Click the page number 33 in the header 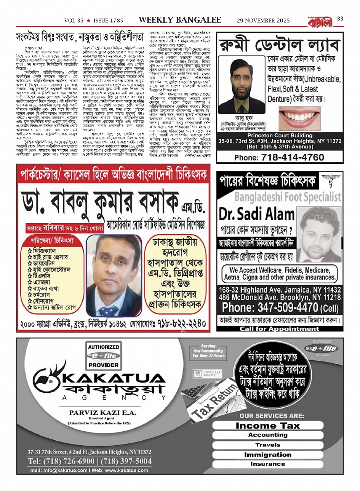(340, 19)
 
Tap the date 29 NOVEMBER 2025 (263, 21)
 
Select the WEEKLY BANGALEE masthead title (180, 20)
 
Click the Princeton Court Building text (280, 136)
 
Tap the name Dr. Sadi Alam (256, 214)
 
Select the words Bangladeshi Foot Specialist (288, 197)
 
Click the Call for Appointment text (279, 329)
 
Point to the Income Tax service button (267, 425)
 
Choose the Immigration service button (267, 454)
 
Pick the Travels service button (267, 445)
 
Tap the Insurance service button (267, 464)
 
